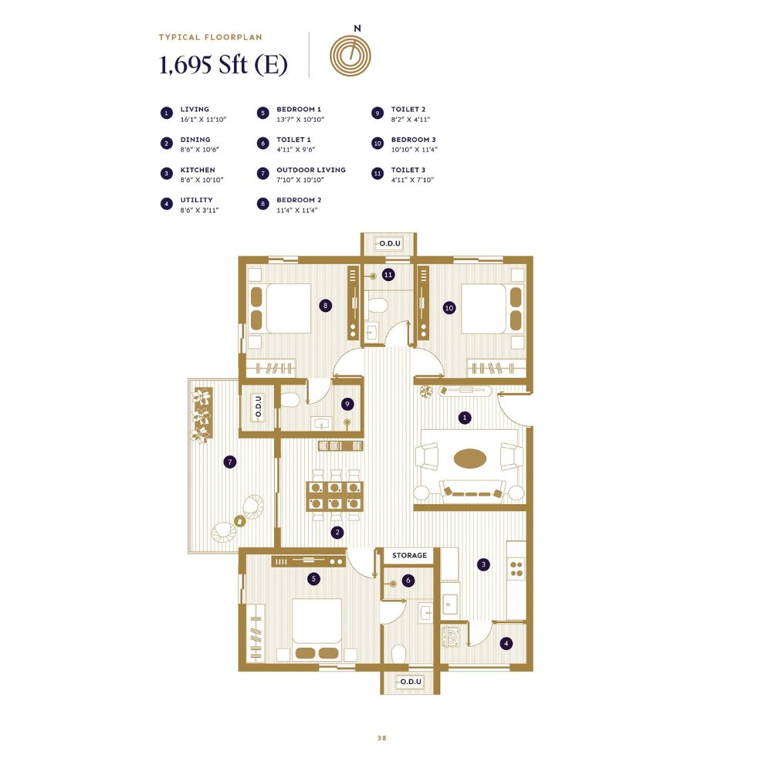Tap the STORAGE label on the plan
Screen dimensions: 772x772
(409, 555)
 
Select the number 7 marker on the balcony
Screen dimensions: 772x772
(230, 462)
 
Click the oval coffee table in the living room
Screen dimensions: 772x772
(470, 459)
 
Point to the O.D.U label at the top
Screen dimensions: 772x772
(389, 243)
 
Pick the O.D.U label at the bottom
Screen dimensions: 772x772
(411, 682)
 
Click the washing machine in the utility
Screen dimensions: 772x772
(451, 636)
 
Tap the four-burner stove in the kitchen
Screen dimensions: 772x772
(516, 569)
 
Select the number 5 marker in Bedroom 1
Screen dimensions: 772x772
(313, 578)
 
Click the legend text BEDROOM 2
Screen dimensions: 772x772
(299, 200)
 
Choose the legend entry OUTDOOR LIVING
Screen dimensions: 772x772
(310, 170)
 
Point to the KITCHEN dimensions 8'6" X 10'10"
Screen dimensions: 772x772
(201, 180)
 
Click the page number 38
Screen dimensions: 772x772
(382, 738)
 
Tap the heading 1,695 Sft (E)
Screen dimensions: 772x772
(224, 65)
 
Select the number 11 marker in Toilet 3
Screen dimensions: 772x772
(388, 275)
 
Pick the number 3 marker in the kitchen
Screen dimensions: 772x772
(483, 564)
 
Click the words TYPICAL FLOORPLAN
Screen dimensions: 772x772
(210, 37)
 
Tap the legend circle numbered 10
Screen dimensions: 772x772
(378, 144)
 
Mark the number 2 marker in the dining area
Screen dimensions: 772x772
(337, 532)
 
